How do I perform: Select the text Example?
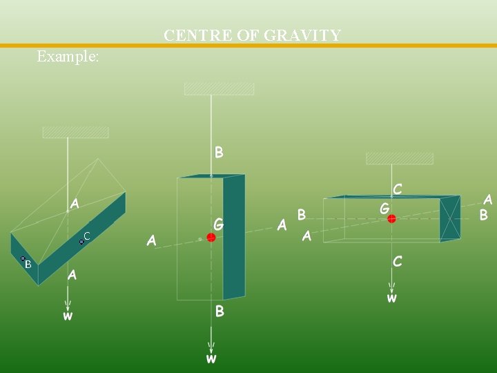pyautogui.click(x=68, y=57)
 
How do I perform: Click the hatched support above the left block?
pyautogui.click(x=75, y=132)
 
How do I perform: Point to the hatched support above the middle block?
pyautogui.click(x=219, y=88)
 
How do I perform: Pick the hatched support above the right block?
pyautogui.click(x=399, y=158)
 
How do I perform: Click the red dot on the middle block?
pyautogui.click(x=211, y=238)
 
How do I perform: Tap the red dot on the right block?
pyautogui.click(x=391, y=219)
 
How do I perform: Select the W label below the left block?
pyautogui.click(x=68, y=316)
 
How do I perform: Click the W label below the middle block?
pyautogui.click(x=211, y=358)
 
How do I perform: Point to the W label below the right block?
pyautogui.click(x=391, y=299)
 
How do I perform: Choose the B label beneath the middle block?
pyautogui.click(x=220, y=312)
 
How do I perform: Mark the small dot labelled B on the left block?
pyautogui.click(x=23, y=259)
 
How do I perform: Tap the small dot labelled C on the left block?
pyautogui.click(x=81, y=242)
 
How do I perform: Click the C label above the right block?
pyautogui.click(x=398, y=189)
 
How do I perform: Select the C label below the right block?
pyautogui.click(x=398, y=261)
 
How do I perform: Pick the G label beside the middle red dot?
pyautogui.click(x=219, y=224)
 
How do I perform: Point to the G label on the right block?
pyautogui.click(x=384, y=207)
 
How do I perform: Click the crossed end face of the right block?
pyautogui.click(x=450, y=218)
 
